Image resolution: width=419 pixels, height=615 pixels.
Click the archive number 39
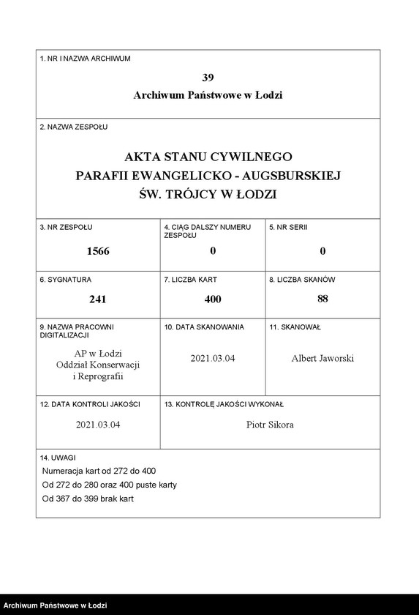click(x=208, y=78)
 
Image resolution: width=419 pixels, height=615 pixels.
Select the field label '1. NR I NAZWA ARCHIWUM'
click(x=85, y=59)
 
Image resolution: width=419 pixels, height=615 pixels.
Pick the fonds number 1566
click(x=98, y=251)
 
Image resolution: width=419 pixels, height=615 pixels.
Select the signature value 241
click(x=98, y=299)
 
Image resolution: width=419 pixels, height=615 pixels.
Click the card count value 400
click(x=213, y=299)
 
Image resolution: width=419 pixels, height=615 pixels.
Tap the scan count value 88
click(x=322, y=298)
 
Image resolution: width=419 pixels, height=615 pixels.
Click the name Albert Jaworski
click(x=322, y=359)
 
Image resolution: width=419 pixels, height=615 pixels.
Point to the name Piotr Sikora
click(x=270, y=425)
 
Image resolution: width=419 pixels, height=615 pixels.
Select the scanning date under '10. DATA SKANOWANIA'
click(x=213, y=359)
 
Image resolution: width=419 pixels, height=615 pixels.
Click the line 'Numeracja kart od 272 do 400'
click(x=99, y=471)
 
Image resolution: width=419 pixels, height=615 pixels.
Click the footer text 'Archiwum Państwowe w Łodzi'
click(x=55, y=606)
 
